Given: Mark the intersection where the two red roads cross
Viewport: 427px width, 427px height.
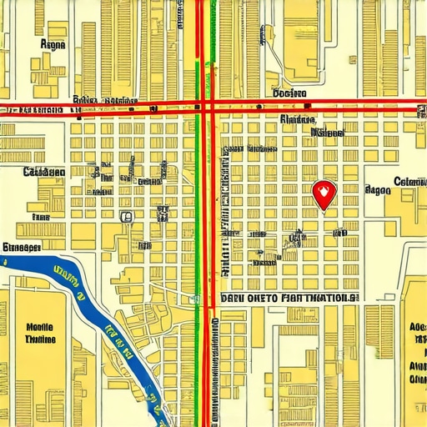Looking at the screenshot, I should [205, 106].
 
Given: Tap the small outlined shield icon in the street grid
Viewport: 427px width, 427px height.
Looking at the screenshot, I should [126, 217].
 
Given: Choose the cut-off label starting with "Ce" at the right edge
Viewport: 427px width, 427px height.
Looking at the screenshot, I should [410, 182].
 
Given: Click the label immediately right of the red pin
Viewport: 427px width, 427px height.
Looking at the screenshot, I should [378, 190].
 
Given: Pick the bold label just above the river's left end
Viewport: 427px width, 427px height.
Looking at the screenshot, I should [22, 248].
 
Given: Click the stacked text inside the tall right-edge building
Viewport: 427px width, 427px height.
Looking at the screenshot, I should [414, 350].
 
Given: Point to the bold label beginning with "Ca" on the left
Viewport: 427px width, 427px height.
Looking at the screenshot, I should [43, 173].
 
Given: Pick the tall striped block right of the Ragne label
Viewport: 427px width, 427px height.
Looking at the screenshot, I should [89, 50].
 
